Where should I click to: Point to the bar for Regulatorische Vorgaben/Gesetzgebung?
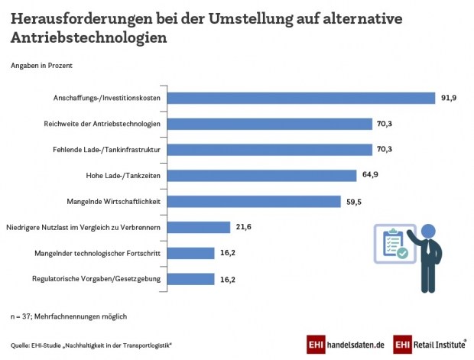click(190, 279)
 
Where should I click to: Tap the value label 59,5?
click(352, 201)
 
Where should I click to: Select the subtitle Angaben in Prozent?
click(41, 66)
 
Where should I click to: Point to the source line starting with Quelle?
click(91, 345)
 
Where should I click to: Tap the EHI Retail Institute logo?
click(427, 345)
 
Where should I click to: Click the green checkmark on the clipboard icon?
click(402, 251)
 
